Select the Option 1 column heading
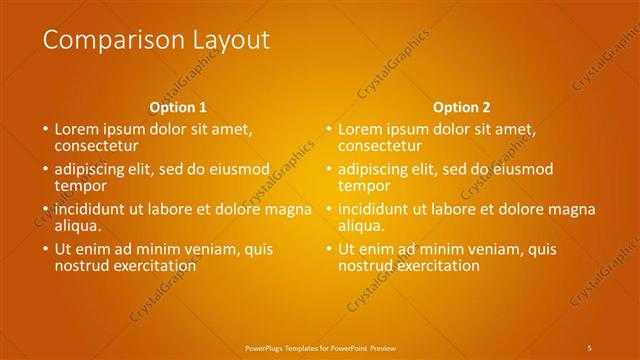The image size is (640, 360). pyautogui.click(x=178, y=107)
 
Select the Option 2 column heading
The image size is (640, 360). pyautogui.click(x=461, y=107)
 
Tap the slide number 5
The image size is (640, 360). pyautogui.click(x=590, y=347)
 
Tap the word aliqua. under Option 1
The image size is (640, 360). pyautogui.click(x=79, y=225)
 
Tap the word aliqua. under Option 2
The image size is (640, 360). pyautogui.click(x=362, y=225)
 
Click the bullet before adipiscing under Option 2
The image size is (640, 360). pyautogui.click(x=328, y=170)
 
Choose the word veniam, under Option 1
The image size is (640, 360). pyautogui.click(x=210, y=249)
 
